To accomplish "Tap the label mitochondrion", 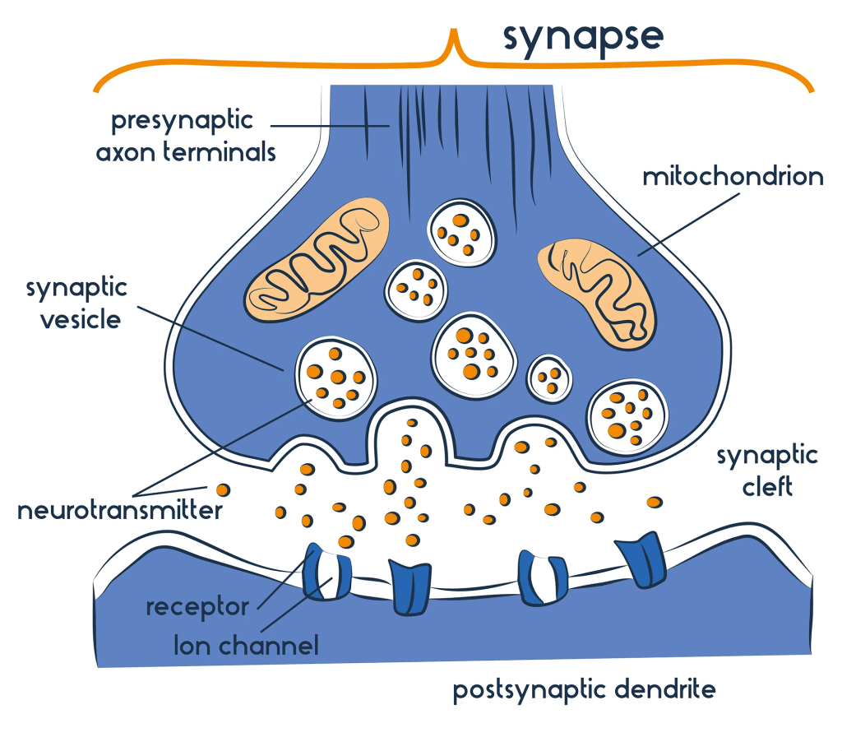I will point(733,176).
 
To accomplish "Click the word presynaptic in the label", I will point(183,122).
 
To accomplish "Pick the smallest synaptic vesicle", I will point(549,378).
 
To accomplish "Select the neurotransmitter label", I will point(120,511).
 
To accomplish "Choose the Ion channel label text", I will point(246,645).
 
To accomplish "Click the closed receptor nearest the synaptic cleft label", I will point(641,557).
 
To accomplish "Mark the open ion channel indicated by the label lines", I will point(329,569).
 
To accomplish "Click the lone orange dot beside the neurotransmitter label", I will point(223,490).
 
